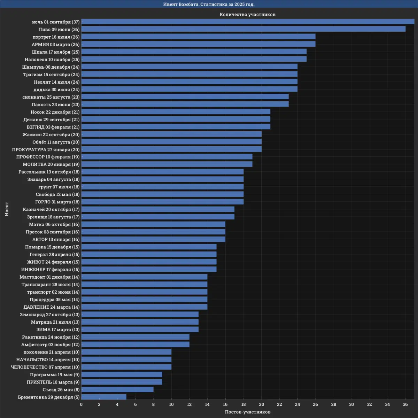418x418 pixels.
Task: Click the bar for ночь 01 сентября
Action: coord(248,22)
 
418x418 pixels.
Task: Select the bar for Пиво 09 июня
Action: coord(243,29)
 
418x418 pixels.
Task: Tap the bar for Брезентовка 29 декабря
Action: coord(104,397)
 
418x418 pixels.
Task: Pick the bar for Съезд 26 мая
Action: coord(117,389)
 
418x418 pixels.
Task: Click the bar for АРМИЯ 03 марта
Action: coord(198,44)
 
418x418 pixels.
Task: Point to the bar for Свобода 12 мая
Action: coord(162,194)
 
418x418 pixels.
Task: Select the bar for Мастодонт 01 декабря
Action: coord(144,277)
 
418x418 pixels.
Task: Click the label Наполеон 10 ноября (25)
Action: coord(52,60)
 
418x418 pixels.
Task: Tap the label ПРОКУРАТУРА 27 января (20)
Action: coord(46,149)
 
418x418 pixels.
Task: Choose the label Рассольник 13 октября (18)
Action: coord(49,172)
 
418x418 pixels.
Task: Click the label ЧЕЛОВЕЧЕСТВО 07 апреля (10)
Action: coord(45,367)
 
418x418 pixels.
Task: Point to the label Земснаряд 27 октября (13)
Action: coord(50,315)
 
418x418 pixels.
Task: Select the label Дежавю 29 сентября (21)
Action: coord(52,119)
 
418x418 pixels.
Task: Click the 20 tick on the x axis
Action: coord(262,404)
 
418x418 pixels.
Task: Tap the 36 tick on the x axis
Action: coord(405,404)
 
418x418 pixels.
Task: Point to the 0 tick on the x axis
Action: coord(82,404)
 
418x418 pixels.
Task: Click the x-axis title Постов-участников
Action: coord(248,412)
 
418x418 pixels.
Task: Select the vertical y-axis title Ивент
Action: coord(7,209)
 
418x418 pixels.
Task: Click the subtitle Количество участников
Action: coord(248,14)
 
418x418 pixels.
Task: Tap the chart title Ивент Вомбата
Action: coord(209,4)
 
